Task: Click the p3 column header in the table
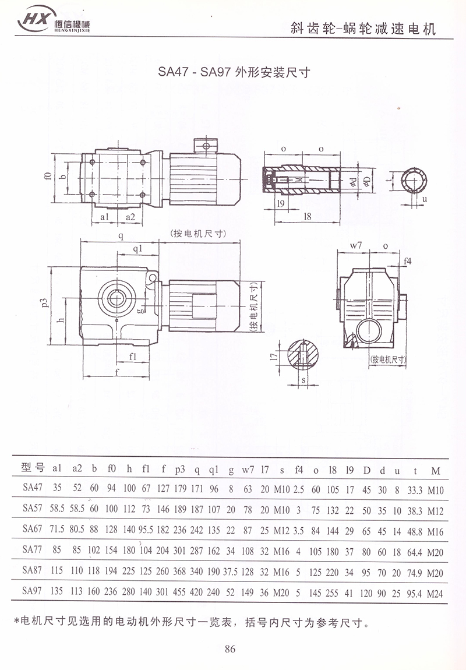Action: (x=180, y=470)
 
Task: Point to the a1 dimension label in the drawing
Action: (x=105, y=217)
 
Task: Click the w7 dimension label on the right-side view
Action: (x=356, y=246)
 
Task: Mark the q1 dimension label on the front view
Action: (x=137, y=249)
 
